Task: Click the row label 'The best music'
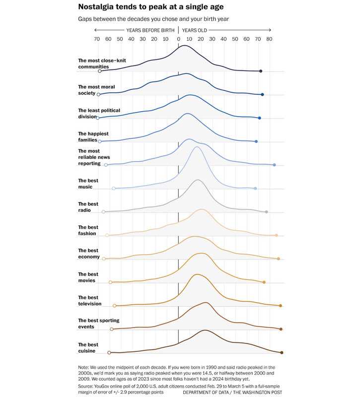(89, 184)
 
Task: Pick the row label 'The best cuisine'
(89, 347)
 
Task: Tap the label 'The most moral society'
(96, 90)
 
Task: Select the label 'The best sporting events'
(99, 324)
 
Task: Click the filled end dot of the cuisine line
(282, 352)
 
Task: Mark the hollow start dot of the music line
(114, 189)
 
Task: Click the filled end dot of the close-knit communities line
(261, 71)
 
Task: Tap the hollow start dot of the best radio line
(104, 212)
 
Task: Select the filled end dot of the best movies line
(264, 282)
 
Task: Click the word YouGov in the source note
(105, 385)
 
